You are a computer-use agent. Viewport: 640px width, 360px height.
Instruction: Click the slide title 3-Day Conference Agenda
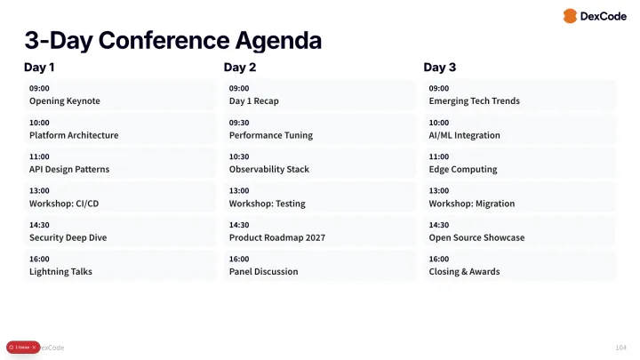(172, 40)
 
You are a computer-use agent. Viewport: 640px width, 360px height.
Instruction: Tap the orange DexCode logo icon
(570, 16)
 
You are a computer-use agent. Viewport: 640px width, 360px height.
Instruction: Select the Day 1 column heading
(39, 68)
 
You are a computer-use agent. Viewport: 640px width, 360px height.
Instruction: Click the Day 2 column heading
(240, 68)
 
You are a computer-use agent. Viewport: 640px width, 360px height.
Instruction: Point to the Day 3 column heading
(440, 68)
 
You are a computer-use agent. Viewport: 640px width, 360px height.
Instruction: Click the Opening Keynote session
(65, 101)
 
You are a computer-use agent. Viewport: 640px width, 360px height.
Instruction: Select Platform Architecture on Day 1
(74, 135)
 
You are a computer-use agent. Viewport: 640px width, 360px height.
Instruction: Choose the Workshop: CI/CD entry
(64, 204)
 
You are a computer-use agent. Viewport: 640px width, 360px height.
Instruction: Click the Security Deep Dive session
(68, 237)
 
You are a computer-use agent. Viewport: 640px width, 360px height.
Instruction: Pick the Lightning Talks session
(60, 272)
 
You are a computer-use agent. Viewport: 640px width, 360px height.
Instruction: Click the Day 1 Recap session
(254, 101)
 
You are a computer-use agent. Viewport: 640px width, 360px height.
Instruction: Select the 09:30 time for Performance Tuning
(239, 123)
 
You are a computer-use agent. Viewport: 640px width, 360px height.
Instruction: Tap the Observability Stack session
(269, 169)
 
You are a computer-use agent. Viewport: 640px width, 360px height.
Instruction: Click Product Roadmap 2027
(277, 237)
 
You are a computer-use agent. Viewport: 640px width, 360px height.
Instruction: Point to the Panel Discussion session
(264, 272)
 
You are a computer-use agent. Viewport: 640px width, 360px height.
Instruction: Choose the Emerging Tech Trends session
(474, 101)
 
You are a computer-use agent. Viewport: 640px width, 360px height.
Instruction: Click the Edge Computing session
(463, 169)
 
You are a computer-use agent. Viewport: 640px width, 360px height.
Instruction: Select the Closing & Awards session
(464, 272)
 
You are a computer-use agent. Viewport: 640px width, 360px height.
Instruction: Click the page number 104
(620, 347)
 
